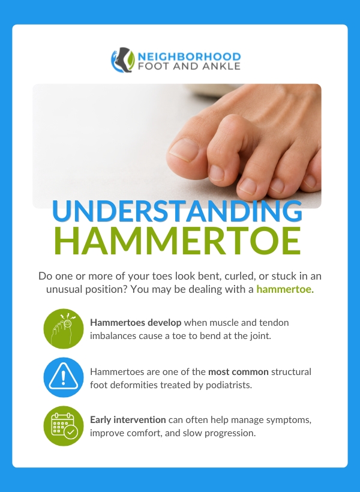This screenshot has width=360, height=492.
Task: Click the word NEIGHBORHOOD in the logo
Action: (x=189, y=56)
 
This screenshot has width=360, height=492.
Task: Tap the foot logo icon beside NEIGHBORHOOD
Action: (x=123, y=60)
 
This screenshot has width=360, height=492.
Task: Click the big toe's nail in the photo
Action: (x=184, y=150)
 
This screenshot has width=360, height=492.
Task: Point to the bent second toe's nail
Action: (x=217, y=173)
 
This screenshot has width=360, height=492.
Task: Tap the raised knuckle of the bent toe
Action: (x=233, y=124)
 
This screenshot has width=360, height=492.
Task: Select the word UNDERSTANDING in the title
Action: (x=177, y=210)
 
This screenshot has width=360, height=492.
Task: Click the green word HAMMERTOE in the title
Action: (x=178, y=241)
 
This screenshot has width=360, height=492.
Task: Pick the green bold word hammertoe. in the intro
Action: (x=285, y=289)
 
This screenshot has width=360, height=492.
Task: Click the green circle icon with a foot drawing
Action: (x=64, y=329)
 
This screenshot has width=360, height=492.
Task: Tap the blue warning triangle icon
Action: (x=64, y=377)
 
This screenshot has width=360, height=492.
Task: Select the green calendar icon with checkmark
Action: (x=64, y=426)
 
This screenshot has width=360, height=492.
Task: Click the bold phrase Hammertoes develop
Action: (x=136, y=323)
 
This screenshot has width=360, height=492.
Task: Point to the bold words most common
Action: (x=238, y=372)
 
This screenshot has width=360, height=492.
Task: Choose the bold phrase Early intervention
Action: (x=128, y=420)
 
